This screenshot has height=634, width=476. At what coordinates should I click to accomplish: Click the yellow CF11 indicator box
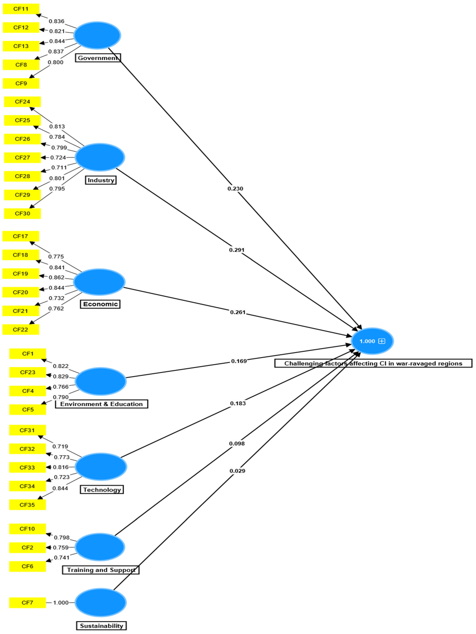coord(21,9)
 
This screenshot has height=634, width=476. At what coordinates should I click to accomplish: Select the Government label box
coord(98,58)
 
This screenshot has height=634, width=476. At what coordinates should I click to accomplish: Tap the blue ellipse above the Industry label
coord(100,157)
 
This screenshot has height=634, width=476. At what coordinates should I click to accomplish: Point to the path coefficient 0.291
coord(237,250)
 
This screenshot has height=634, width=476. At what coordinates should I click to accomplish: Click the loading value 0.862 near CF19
coord(56,277)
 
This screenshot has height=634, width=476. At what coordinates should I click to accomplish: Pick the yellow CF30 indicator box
coord(22,213)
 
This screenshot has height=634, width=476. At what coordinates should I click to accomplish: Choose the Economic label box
coord(100,304)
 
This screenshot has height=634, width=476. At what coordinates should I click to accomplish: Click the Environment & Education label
coord(102,404)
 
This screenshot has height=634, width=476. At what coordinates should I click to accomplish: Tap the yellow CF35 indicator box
coord(27,505)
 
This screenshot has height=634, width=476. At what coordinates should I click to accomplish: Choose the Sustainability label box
coord(102,626)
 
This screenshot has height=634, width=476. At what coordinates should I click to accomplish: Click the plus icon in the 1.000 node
coord(382,341)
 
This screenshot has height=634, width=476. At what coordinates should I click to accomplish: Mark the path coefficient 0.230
coord(235,189)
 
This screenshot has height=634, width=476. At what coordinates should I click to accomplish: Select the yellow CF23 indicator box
coord(28,372)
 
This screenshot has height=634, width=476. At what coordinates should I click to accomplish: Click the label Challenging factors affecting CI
coord(373,363)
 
